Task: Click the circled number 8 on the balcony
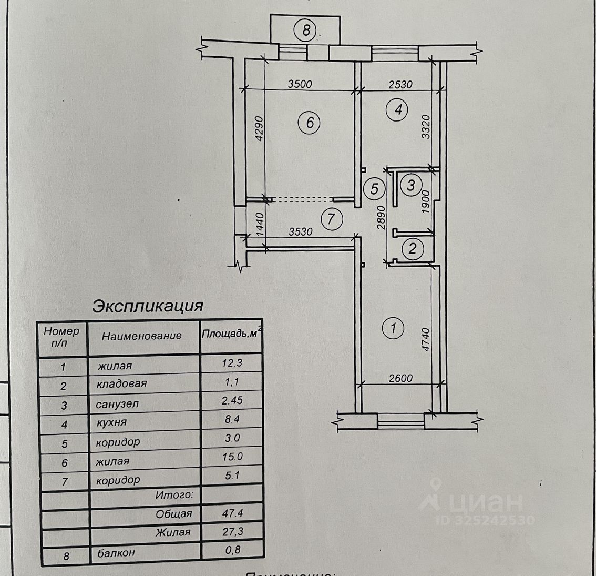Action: [x=306, y=30]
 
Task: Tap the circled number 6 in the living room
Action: [x=309, y=123]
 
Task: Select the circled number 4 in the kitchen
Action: [x=397, y=110]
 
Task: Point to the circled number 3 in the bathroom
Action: [x=411, y=185]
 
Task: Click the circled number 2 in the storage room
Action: [x=413, y=248]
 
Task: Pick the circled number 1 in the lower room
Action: [x=393, y=329]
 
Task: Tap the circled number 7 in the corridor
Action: [x=331, y=218]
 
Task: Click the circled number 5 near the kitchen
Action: [x=374, y=188]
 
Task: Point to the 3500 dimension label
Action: [x=300, y=84]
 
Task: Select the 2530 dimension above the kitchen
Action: [x=400, y=84]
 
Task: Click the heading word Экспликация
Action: [x=148, y=306]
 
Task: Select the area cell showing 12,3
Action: [x=232, y=362]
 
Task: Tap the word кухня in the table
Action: [x=111, y=422]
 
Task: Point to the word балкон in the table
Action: [x=116, y=553]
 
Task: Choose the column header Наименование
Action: [x=142, y=336]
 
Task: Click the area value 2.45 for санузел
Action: [x=232, y=401]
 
